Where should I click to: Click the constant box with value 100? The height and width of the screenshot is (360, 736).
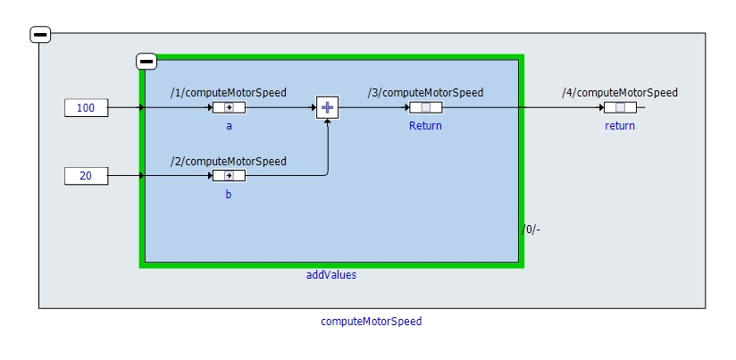click(86, 108)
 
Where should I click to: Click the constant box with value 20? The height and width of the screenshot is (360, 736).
click(86, 176)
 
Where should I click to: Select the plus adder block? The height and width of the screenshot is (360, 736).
click(327, 108)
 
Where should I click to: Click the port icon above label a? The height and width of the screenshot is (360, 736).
click(229, 108)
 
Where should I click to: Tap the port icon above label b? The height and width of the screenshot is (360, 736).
click(229, 175)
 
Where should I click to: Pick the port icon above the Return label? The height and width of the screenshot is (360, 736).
click(425, 108)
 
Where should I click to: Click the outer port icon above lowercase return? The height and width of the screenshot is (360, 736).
click(620, 108)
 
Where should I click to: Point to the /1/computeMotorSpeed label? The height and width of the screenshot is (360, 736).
click(229, 93)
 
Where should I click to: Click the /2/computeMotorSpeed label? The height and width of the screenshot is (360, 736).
click(229, 162)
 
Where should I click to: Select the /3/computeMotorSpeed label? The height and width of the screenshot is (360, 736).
click(425, 92)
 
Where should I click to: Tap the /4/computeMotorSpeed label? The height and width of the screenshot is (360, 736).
click(620, 92)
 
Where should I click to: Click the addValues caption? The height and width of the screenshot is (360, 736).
click(331, 275)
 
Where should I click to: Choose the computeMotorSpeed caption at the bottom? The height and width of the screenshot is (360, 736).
click(372, 322)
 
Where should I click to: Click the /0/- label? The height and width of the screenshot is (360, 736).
click(532, 230)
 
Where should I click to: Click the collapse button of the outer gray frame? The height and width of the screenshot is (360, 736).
click(40, 35)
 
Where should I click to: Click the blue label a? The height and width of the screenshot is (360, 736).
click(229, 126)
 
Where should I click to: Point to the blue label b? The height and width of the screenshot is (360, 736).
click(229, 194)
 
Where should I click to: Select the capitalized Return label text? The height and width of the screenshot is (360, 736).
click(425, 126)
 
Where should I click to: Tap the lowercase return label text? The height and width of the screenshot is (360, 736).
click(620, 126)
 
